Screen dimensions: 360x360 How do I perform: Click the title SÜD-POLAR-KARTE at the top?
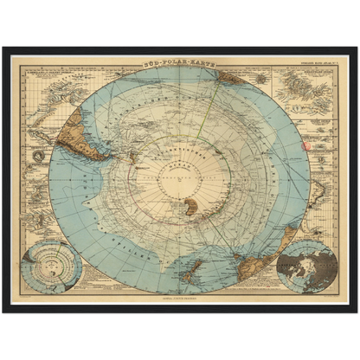tap(179, 63)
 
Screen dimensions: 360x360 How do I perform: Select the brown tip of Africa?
tap(234, 79)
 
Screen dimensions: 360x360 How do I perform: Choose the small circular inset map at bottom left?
tap(52, 266)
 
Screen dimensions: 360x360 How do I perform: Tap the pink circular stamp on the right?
tap(304, 145)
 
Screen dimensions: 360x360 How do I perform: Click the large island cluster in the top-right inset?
tap(302, 87)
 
